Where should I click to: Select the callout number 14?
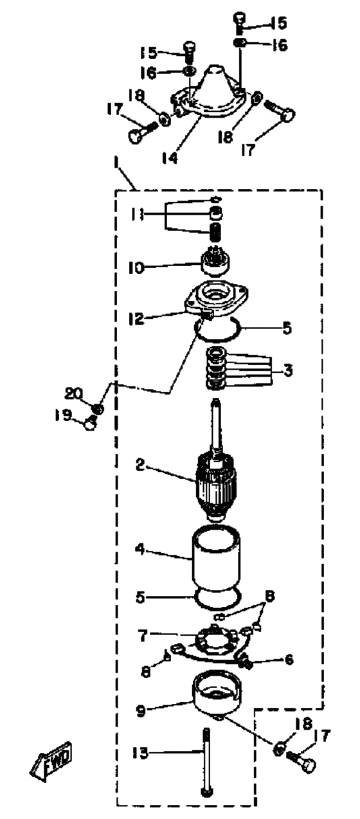pyautogui.click(x=170, y=157)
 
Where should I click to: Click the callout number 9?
pyautogui.click(x=141, y=710)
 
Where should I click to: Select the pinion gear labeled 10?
pyautogui.click(x=215, y=267)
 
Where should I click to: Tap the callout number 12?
pyautogui.click(x=136, y=318)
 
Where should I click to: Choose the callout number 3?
pyautogui.click(x=288, y=370)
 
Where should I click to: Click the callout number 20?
pyautogui.click(x=73, y=394)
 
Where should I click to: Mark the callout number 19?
pyautogui.click(x=62, y=415)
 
